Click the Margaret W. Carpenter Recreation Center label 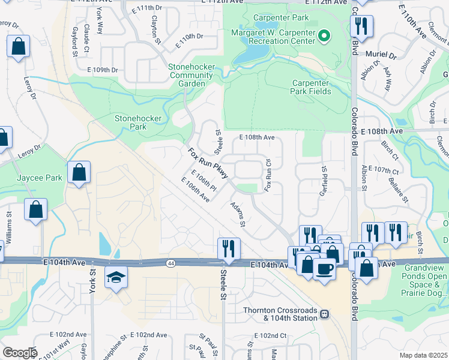coord(273,37)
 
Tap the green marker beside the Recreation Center coord(324,37)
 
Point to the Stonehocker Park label coord(138,122)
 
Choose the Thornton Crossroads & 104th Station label coord(280,314)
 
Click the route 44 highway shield coord(171,263)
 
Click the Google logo coord(19,353)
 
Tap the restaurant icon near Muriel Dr coord(362,26)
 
